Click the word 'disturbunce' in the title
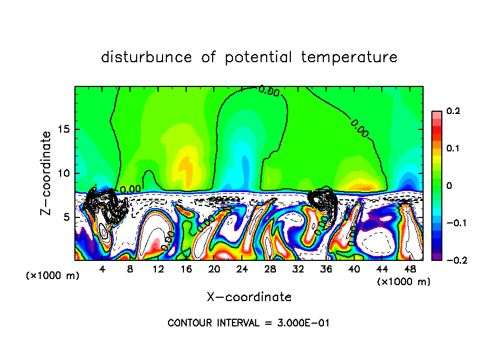(x=146, y=57)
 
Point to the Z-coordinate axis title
(x=47, y=173)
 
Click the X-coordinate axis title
(x=249, y=297)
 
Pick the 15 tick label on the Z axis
(x=64, y=129)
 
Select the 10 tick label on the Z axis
(x=64, y=173)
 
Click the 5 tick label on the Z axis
(x=67, y=217)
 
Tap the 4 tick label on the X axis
(x=102, y=269)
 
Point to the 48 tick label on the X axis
(x=409, y=269)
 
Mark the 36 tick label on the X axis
(x=326, y=269)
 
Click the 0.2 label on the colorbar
(x=453, y=111)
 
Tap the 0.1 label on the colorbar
(x=453, y=149)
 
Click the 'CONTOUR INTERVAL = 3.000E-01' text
(x=248, y=323)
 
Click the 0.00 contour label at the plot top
(x=269, y=91)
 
